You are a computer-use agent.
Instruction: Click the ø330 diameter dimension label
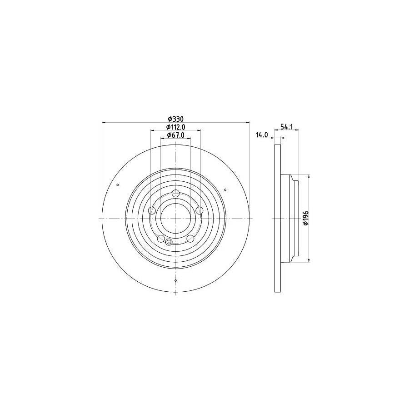[x=175, y=119]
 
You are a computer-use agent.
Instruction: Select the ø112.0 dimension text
[x=175, y=127]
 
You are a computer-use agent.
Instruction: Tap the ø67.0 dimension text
[x=175, y=135]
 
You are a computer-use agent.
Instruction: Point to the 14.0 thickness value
[x=262, y=135]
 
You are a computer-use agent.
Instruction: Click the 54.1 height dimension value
[x=285, y=127]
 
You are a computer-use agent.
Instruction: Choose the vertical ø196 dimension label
[x=306, y=218]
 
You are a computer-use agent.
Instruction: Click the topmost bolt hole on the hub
[x=176, y=194]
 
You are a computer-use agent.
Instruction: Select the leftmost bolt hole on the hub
[x=152, y=210]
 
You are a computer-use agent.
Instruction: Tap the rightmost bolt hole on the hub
[x=199, y=210]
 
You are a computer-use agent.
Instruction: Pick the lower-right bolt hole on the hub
[x=190, y=238]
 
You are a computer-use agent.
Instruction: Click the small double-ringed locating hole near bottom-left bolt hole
[x=169, y=242]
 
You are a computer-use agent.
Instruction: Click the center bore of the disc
[x=176, y=218]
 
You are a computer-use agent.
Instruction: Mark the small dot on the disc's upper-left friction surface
[x=118, y=185]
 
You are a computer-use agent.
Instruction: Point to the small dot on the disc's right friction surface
[x=225, y=190]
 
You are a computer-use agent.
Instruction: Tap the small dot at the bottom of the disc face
[x=176, y=281]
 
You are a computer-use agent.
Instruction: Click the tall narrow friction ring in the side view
[x=278, y=218]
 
